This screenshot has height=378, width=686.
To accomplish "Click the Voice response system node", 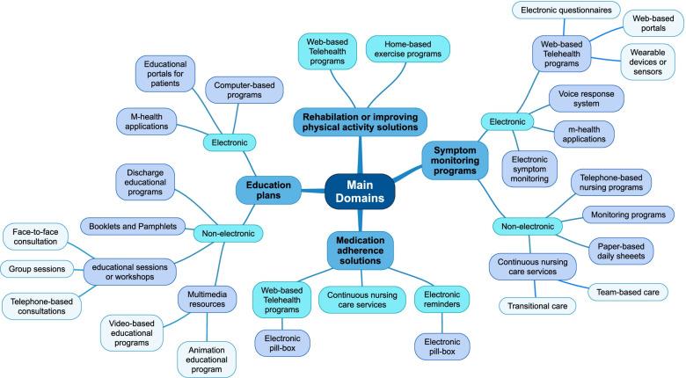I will tap(587, 98).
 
